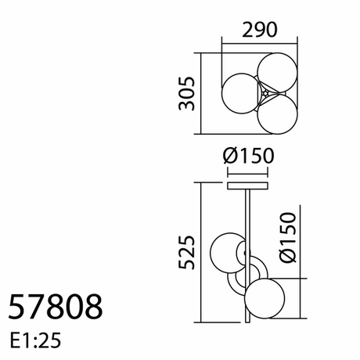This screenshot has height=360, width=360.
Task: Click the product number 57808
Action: [56, 307]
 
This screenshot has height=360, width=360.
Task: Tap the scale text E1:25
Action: [35, 340]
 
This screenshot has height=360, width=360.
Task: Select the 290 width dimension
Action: [260, 30]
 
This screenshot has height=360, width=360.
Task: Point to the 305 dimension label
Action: [186, 93]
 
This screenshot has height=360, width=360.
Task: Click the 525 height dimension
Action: [186, 252]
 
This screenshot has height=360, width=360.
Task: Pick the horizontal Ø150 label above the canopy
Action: [249, 156]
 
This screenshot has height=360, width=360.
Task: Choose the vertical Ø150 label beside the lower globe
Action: [288, 237]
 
